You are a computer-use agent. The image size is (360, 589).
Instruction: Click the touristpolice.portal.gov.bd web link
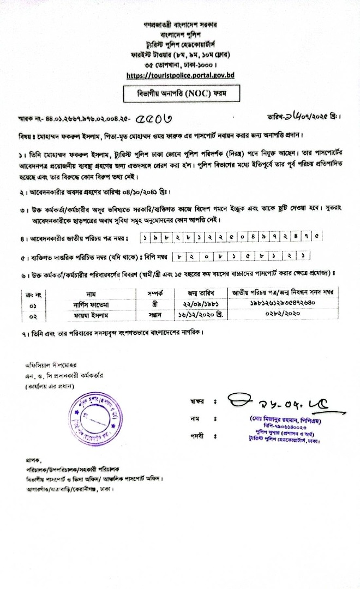pos(180,75)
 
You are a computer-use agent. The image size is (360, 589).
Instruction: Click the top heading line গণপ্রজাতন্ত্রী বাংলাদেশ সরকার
pos(179,26)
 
